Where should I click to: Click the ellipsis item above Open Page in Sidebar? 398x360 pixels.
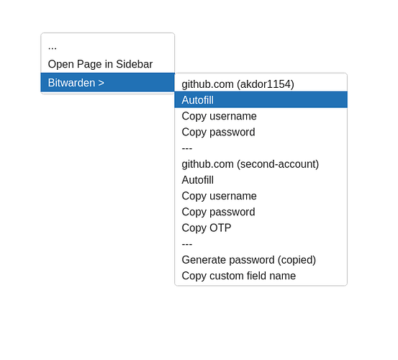[x=53, y=48]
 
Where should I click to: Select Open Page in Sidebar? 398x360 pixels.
[x=100, y=64]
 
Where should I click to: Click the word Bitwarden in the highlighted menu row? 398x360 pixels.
[x=71, y=83]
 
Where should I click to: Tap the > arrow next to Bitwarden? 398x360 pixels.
[x=101, y=83]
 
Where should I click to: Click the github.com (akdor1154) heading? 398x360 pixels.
[x=238, y=84]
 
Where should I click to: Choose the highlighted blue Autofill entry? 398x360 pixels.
[x=198, y=100]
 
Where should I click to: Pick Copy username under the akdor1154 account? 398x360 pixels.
[x=219, y=116]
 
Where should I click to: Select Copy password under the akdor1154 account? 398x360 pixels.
[x=218, y=132]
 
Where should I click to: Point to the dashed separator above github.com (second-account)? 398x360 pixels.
[x=187, y=148]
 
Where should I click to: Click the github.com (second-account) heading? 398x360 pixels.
[x=250, y=164]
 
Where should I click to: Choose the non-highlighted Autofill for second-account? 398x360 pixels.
[x=198, y=180]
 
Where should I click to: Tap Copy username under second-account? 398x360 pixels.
[x=219, y=196]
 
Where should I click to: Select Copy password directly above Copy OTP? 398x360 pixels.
[x=218, y=212]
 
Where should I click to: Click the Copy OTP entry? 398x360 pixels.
[x=207, y=228]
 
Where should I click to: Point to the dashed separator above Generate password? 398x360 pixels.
[x=187, y=244]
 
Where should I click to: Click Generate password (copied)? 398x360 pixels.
[x=249, y=260]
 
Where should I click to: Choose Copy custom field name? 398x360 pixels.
[x=239, y=276]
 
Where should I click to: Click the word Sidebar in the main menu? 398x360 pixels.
[x=135, y=64]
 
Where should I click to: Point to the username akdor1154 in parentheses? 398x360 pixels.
[x=266, y=84]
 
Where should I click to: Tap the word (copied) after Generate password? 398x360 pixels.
[x=297, y=260]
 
